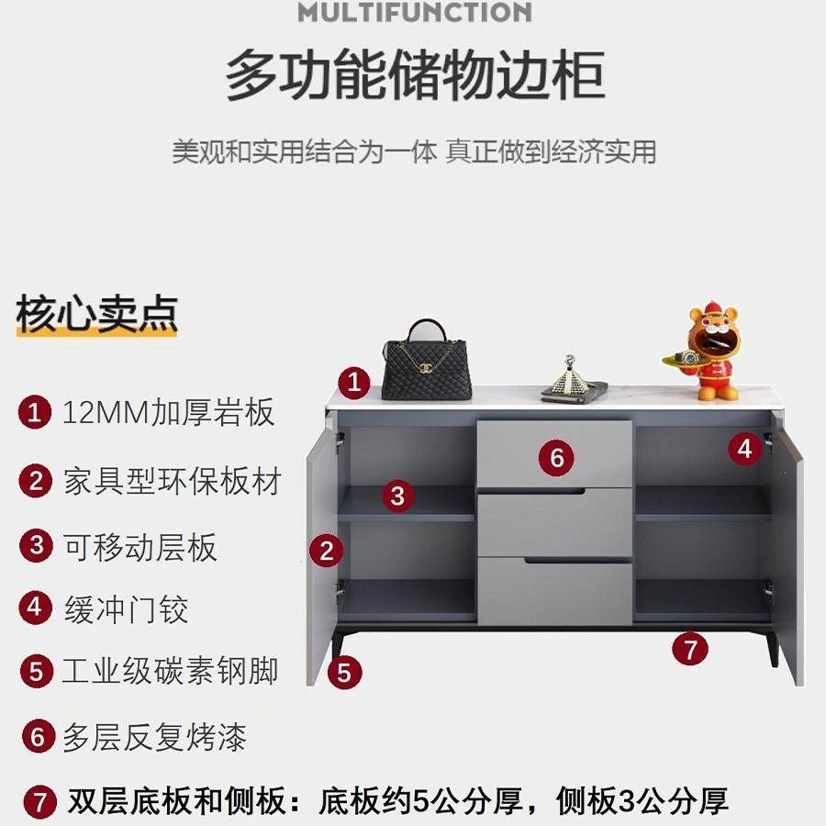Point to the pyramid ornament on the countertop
pos(572,380)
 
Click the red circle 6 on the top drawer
pos(556,456)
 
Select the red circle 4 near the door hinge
pos(745,449)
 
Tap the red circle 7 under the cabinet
pos(690,649)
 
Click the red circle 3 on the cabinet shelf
pos(396,497)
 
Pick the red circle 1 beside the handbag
pos(354,381)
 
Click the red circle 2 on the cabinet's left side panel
pos(326,552)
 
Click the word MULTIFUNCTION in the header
pos(414,12)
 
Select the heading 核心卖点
pos(95,315)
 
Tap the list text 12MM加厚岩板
pos(169,412)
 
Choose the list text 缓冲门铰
pos(126,608)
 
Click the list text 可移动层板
pos(140,547)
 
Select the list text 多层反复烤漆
pos(154,737)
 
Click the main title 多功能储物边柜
pos(414,76)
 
